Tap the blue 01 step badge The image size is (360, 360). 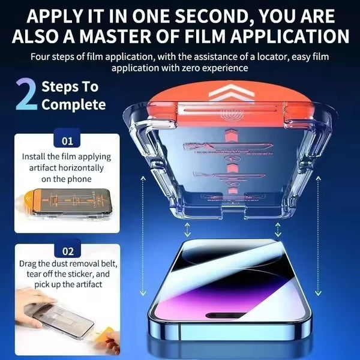pos(67,142)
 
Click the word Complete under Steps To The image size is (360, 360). pos(73,105)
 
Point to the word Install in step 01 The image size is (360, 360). pos(35,157)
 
